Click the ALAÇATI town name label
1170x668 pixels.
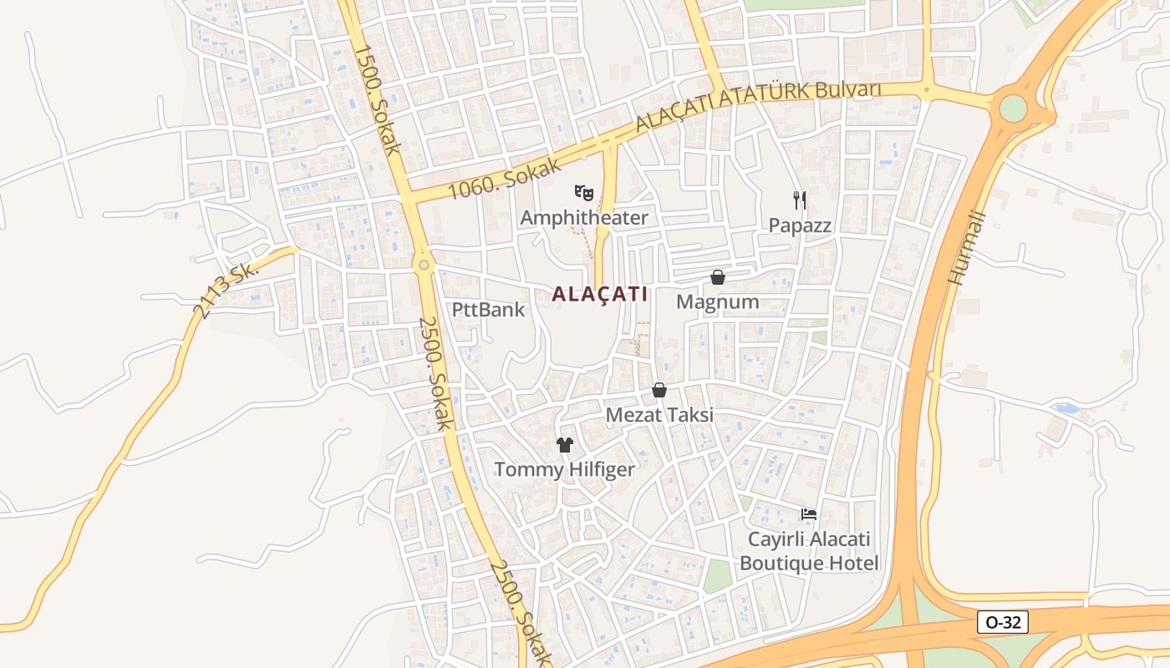coord(599,294)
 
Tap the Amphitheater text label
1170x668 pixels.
coord(583,218)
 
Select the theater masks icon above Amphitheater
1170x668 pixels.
coord(583,193)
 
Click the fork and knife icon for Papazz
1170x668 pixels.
coord(800,200)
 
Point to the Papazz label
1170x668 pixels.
coord(800,225)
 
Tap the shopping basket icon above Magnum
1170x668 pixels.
coord(717,276)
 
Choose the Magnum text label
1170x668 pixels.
coord(717,302)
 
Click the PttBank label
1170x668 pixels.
coord(488,310)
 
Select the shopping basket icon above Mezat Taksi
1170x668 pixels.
coord(659,390)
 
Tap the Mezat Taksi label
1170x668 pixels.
coord(659,415)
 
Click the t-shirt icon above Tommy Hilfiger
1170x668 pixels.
coord(565,444)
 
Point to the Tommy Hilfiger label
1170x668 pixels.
coord(565,469)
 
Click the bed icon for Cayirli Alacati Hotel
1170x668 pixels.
coord(808,514)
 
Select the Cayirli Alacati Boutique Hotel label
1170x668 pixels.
coord(808,551)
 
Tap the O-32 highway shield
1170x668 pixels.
coord(1002,622)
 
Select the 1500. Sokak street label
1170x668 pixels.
coord(378,99)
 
